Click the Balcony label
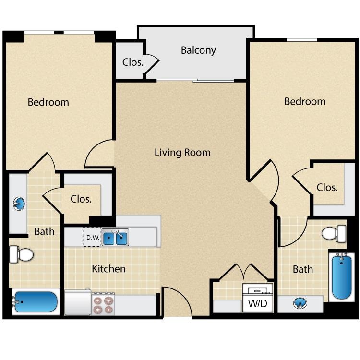tap(198, 50)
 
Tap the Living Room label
tap(182, 153)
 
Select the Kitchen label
tap(108, 269)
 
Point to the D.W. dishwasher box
tap(92, 237)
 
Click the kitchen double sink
tap(115, 237)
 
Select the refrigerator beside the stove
tap(77, 302)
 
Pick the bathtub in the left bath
tap(36, 302)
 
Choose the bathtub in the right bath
tap(342, 277)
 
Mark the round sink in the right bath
tap(300, 303)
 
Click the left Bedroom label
tap(48, 102)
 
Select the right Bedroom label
tap(305, 101)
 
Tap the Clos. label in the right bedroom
tap(327, 187)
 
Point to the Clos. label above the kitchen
tap(81, 198)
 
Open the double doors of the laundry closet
tap(244, 273)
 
